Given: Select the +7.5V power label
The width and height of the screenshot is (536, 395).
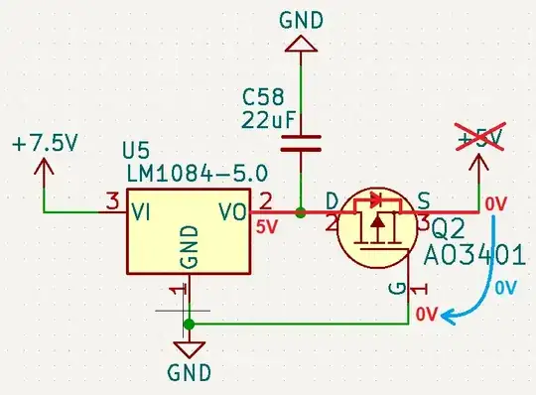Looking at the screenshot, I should click(x=45, y=143).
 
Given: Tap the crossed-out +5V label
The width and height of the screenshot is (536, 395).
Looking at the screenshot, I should click(x=481, y=137).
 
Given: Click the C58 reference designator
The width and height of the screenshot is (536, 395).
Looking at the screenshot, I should click(x=263, y=98).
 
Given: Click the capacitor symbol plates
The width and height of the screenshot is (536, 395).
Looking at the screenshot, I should click(x=301, y=145).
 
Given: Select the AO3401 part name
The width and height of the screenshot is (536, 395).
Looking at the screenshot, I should click(x=473, y=255).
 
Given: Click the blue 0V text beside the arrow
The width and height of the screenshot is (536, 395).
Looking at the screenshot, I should click(x=506, y=288).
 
